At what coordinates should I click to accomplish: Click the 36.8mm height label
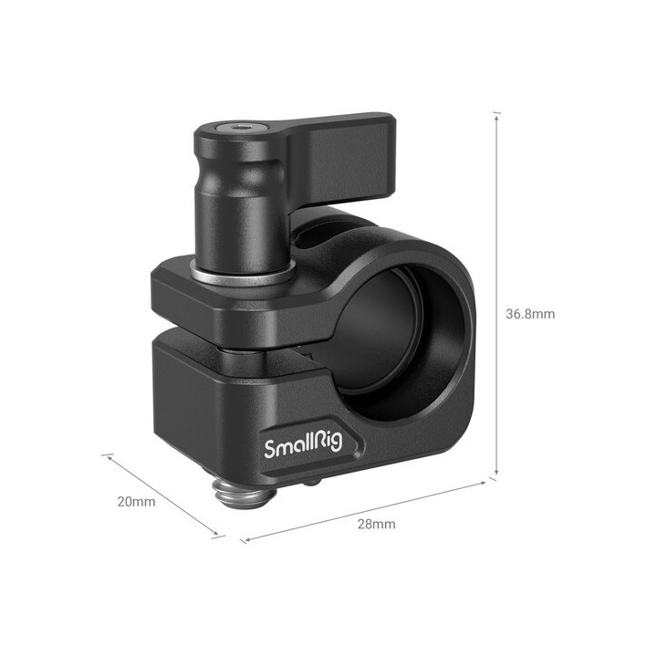(530, 313)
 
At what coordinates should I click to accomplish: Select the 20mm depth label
(137, 501)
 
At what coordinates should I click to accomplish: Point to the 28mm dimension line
(365, 508)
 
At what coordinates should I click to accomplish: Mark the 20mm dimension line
(162, 494)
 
